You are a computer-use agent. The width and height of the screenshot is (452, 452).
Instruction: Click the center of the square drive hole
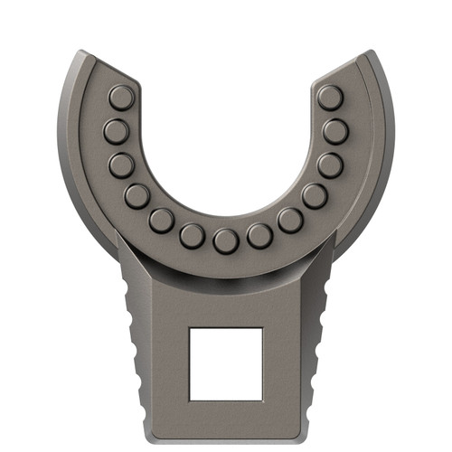coord(226,364)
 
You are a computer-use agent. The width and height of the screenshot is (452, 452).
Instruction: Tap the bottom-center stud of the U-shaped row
coord(226,240)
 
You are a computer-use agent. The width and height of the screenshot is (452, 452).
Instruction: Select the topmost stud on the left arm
coord(121,97)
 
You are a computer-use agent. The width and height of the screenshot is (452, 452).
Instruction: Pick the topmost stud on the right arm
coord(331,97)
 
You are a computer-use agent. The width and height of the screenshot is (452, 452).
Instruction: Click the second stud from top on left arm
coord(116,132)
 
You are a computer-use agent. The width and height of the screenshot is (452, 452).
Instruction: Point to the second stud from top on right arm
coord(335,132)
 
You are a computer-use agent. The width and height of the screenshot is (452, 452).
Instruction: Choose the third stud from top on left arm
coord(122,165)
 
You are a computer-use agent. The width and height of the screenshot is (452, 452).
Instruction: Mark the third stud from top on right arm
coord(330,165)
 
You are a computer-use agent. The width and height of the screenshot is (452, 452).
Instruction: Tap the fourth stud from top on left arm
coord(137,195)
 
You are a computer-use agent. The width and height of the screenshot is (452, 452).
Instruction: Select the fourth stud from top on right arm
coord(314,195)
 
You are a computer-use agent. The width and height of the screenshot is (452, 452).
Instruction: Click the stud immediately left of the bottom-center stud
coord(192,236)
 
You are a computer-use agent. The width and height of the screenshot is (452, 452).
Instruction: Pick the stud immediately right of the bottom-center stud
coord(260,236)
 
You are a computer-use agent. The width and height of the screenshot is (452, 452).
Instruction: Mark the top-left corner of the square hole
coord(190,329)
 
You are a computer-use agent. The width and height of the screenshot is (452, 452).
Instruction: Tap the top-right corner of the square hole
coord(262,329)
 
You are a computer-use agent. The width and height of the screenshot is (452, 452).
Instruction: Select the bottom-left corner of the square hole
coord(190,400)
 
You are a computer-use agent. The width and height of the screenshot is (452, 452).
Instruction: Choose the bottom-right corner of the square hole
coord(262,400)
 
